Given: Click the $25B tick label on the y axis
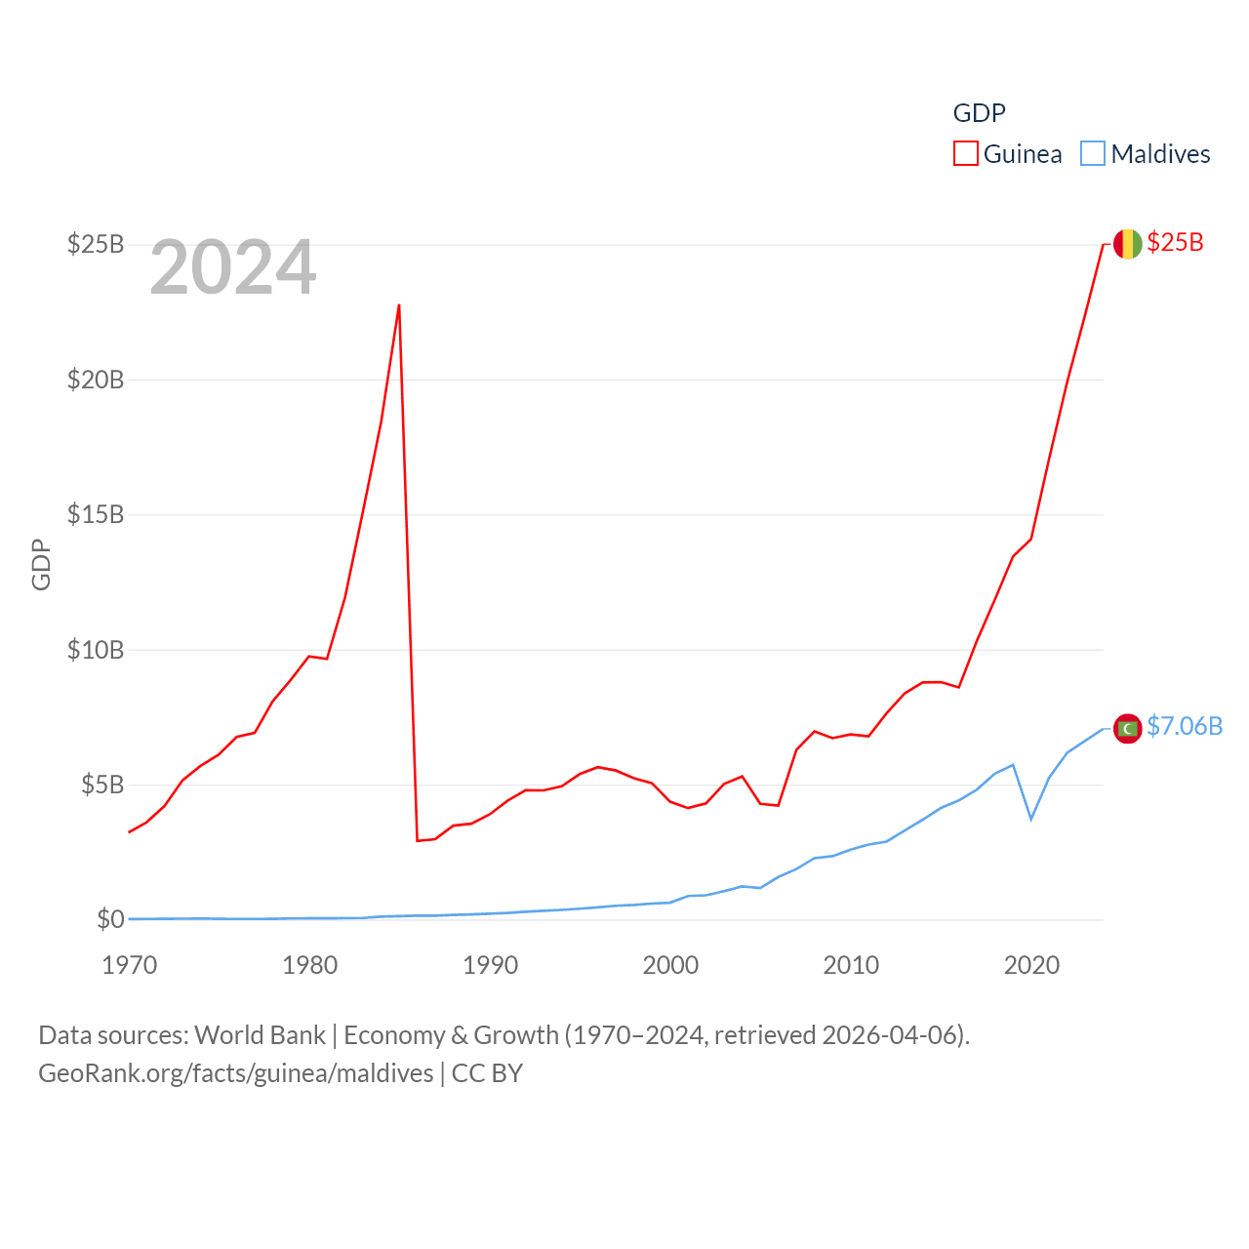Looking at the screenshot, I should point(95,244).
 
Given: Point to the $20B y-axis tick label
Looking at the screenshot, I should point(95,380).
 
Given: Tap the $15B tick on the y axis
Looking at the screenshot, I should point(95,514).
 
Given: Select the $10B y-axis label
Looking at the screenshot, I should point(95,650).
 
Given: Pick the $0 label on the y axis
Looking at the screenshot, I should point(110,919).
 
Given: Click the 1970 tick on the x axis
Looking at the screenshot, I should point(130,965).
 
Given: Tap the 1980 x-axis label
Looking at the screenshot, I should point(309,965).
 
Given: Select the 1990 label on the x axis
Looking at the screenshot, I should point(490,965).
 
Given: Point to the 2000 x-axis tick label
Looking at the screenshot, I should point(670,965).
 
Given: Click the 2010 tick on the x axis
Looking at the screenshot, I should point(851,965).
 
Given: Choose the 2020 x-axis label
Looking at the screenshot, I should point(1031,965).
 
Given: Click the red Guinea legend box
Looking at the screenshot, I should point(966,154).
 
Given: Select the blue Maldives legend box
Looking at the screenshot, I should point(1093,154).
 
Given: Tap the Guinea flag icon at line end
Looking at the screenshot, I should point(1127,244).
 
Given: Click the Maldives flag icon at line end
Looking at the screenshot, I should point(1127,728).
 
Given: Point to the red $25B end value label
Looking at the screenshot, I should point(1175,243).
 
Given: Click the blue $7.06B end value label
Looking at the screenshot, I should point(1184,727).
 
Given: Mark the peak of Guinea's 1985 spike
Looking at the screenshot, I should point(399,305).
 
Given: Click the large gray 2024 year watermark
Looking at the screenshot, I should point(232,267).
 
